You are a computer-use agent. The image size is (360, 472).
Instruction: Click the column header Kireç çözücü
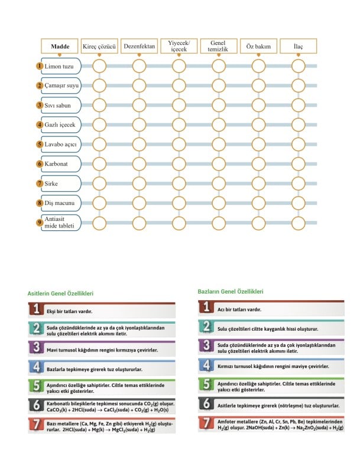click(99, 45)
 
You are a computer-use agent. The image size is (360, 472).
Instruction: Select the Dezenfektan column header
click(139, 45)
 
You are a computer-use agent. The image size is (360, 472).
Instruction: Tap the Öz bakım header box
click(258, 45)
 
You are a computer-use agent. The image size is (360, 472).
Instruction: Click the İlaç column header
click(299, 45)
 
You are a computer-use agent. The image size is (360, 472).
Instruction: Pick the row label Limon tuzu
click(61, 66)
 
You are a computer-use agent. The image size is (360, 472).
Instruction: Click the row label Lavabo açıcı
click(61, 144)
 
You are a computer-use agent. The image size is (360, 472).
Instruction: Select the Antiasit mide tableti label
click(61, 223)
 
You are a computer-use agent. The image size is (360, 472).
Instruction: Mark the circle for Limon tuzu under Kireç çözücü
click(99, 66)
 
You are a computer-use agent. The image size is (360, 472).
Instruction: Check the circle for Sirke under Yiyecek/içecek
click(179, 183)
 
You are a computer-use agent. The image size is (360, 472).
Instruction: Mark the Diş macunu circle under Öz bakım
click(258, 203)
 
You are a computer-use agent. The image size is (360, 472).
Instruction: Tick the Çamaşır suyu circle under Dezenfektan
click(139, 86)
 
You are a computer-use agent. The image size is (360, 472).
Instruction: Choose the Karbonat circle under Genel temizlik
click(218, 164)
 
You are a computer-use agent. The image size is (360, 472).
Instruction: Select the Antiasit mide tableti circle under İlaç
click(299, 223)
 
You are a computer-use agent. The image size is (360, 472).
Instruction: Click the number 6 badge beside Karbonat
click(40, 164)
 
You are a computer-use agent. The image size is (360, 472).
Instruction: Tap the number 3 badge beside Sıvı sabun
click(40, 105)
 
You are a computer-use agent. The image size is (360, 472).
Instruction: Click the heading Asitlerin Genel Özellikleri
click(60, 293)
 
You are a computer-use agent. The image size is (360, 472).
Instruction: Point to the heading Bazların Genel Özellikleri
click(230, 291)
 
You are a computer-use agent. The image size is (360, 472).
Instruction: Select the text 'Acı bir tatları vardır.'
click(239, 309)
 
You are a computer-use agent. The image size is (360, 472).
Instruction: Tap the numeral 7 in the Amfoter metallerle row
click(206, 424)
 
